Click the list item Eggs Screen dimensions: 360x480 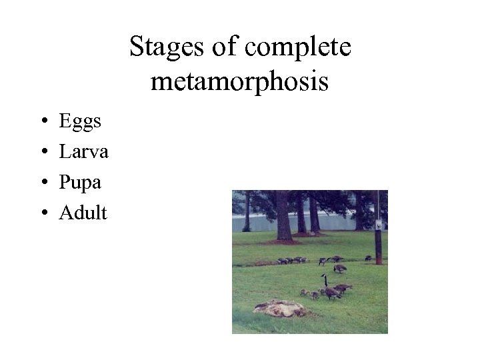click(80, 122)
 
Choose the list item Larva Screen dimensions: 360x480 click(83, 152)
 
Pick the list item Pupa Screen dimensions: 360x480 click(80, 183)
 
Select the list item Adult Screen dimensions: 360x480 click(83, 213)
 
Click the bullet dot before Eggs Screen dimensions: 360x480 click(43, 122)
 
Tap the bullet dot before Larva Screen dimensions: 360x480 click(43, 153)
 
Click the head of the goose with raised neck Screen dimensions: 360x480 click(323, 275)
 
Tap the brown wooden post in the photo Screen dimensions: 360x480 click(378, 243)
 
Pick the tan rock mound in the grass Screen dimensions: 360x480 click(280, 308)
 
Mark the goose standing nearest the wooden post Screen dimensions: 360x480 click(368, 258)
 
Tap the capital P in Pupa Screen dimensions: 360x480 click(65, 182)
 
